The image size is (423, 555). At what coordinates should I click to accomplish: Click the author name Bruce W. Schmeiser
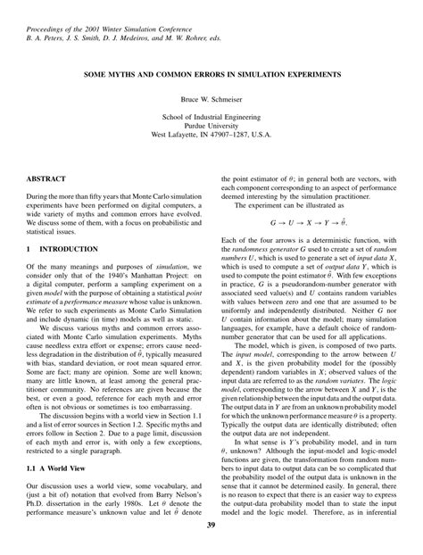point(211,96)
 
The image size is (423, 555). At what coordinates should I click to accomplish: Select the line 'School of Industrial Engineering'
point(211,116)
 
